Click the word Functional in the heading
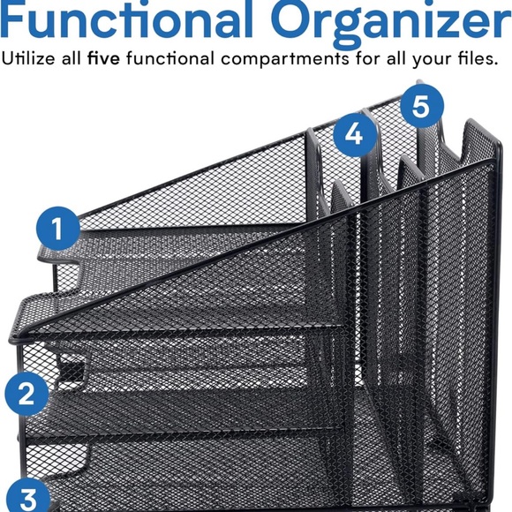tap(132, 19)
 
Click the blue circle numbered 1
tap(57, 230)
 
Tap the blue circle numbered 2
tap(26, 393)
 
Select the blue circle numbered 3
tap(26, 497)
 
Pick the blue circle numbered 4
tap(353, 134)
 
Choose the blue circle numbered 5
tap(421, 107)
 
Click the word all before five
tap(72, 60)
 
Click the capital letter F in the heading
tap(18, 19)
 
